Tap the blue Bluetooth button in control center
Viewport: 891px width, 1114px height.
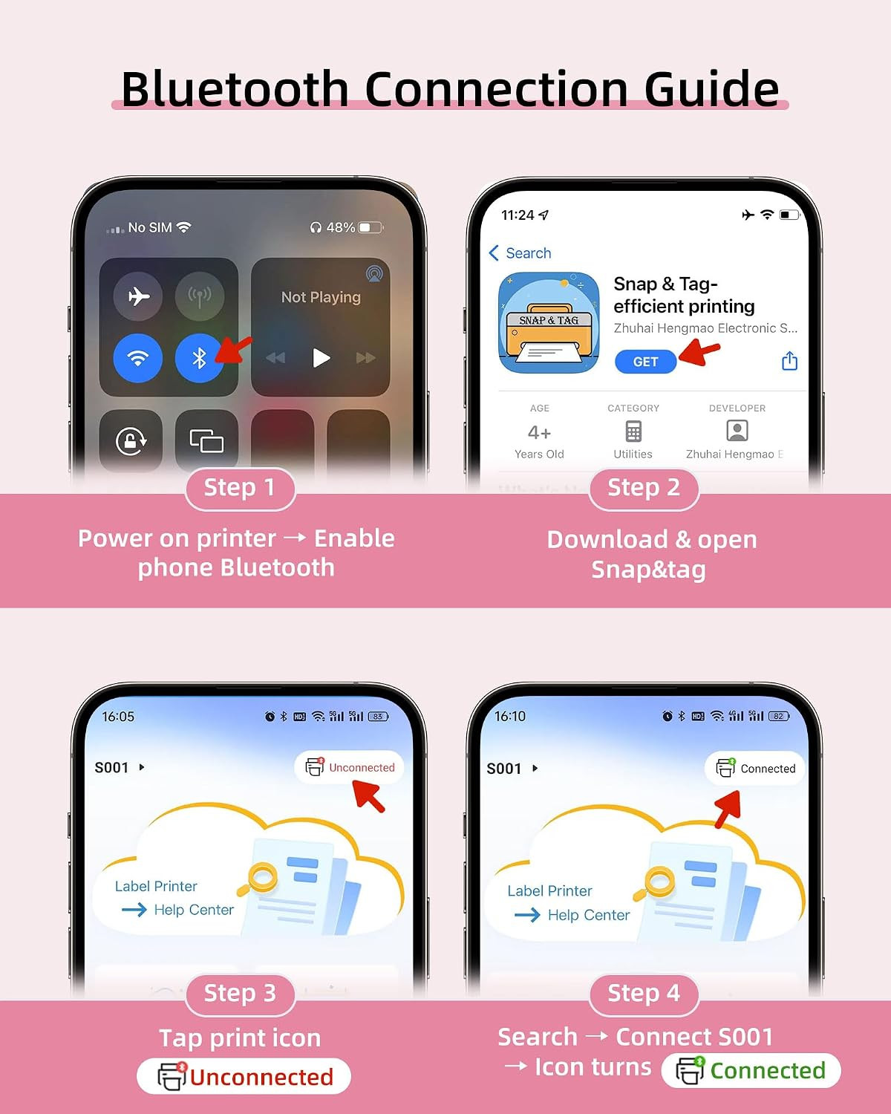tap(199, 358)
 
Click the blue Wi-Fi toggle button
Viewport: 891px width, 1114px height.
tap(137, 358)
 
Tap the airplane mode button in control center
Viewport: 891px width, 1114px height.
tap(137, 296)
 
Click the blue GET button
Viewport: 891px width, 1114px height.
tap(645, 362)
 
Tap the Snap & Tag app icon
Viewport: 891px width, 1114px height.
tap(549, 322)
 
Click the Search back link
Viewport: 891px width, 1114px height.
tap(520, 253)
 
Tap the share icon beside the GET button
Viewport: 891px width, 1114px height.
tap(789, 361)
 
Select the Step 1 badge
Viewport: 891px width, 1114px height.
tap(240, 488)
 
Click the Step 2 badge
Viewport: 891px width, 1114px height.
tap(644, 488)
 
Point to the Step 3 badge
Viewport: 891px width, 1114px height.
tap(240, 994)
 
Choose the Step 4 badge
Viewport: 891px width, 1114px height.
tap(644, 994)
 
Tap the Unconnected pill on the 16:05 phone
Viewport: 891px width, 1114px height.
tap(349, 767)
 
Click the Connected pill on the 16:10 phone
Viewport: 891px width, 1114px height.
tap(754, 768)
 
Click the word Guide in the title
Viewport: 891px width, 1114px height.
tap(711, 89)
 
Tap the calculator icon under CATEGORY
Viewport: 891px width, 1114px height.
tap(633, 431)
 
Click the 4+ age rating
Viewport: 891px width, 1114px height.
tap(539, 432)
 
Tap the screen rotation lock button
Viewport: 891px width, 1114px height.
tap(131, 441)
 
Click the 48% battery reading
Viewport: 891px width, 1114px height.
tap(340, 227)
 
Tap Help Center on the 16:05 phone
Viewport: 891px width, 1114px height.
tap(194, 910)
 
